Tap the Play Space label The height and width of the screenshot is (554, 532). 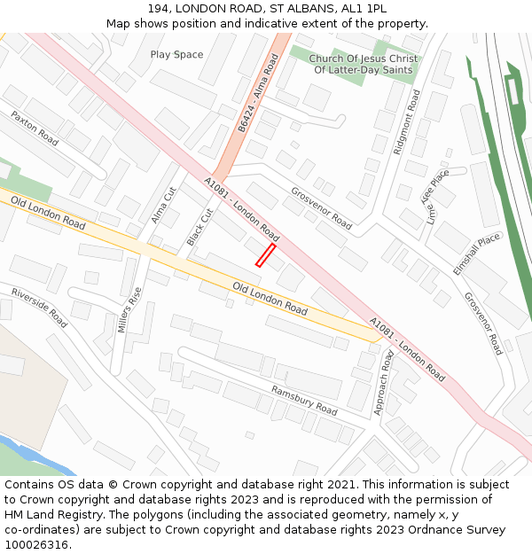pyautogui.click(x=176, y=55)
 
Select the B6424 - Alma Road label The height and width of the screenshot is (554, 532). pyautogui.click(x=258, y=93)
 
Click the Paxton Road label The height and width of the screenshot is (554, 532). pyautogui.click(x=35, y=129)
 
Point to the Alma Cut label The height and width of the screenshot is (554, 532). pyautogui.click(x=164, y=204)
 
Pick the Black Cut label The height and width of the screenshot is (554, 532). pyautogui.click(x=200, y=228)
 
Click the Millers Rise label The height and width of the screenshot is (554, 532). pyautogui.click(x=129, y=309)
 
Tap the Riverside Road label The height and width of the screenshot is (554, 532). pyautogui.click(x=39, y=308)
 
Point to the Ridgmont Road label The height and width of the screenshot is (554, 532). pyautogui.click(x=406, y=121)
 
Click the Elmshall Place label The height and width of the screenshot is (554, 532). pyautogui.click(x=477, y=254)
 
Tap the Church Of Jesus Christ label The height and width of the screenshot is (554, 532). pyautogui.click(x=364, y=59)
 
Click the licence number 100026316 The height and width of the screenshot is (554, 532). pyautogui.click(x=38, y=545)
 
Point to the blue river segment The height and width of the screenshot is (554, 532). pyautogui.click(x=35, y=452)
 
